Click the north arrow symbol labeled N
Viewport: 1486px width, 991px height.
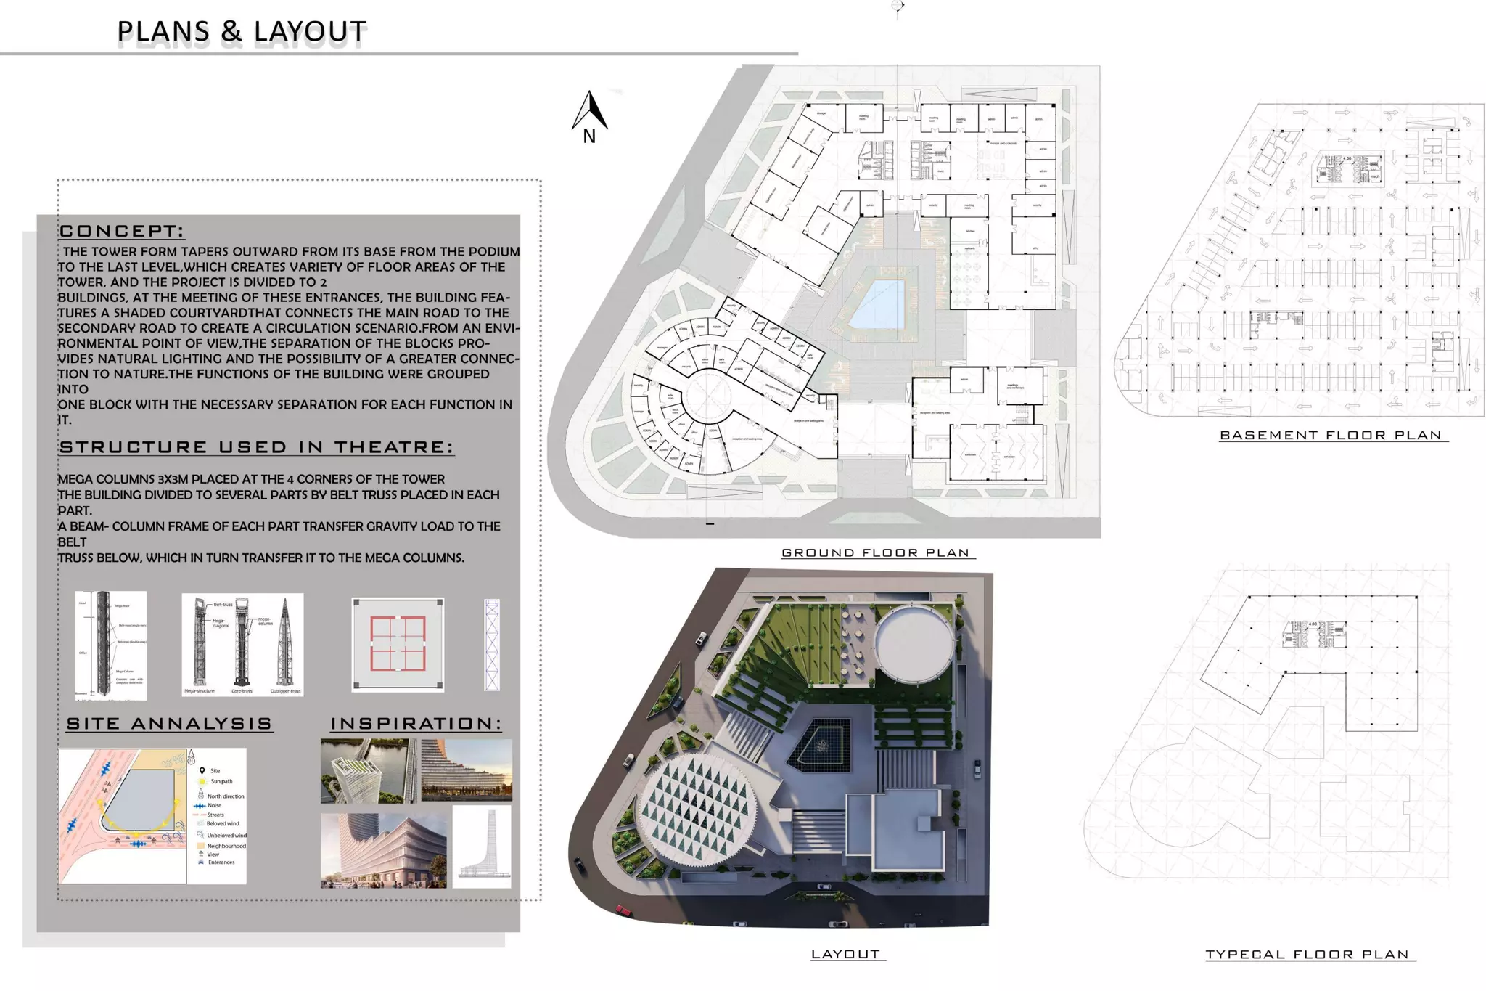590,116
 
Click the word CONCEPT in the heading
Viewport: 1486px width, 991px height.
121,232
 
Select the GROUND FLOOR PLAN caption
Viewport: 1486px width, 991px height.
875,553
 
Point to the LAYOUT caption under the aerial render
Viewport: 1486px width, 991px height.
845,954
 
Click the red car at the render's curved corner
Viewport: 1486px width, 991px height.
623,910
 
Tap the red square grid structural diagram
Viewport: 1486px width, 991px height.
398,644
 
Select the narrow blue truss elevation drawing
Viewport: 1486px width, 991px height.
492,645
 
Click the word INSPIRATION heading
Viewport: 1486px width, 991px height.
415,724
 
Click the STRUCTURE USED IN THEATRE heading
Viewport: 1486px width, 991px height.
256,447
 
